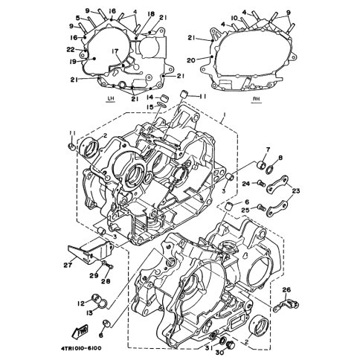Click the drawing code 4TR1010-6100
click(x=81, y=348)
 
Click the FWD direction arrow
click(x=80, y=331)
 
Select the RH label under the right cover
click(x=257, y=99)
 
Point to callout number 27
click(x=68, y=266)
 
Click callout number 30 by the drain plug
click(x=219, y=353)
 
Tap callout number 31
click(x=208, y=348)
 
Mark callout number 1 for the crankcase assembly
click(x=224, y=115)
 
